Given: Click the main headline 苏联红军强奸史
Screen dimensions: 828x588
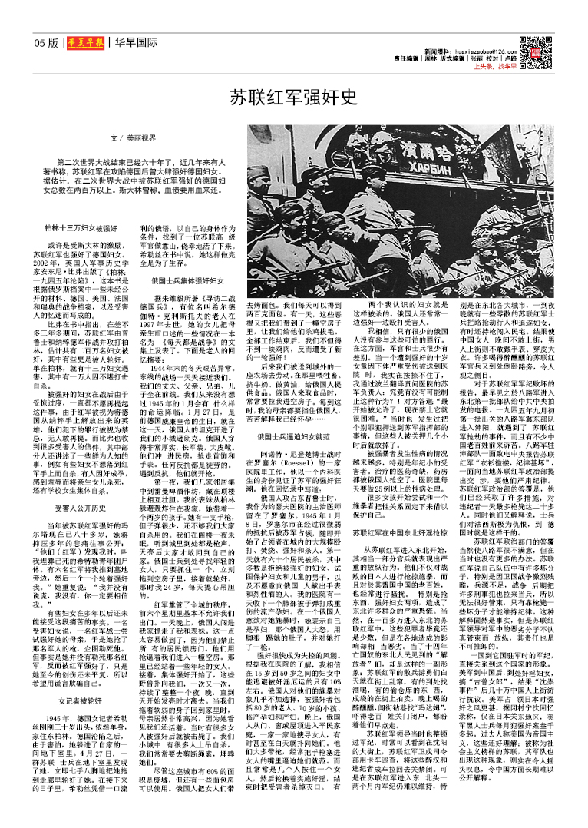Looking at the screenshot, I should coord(294,98).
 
